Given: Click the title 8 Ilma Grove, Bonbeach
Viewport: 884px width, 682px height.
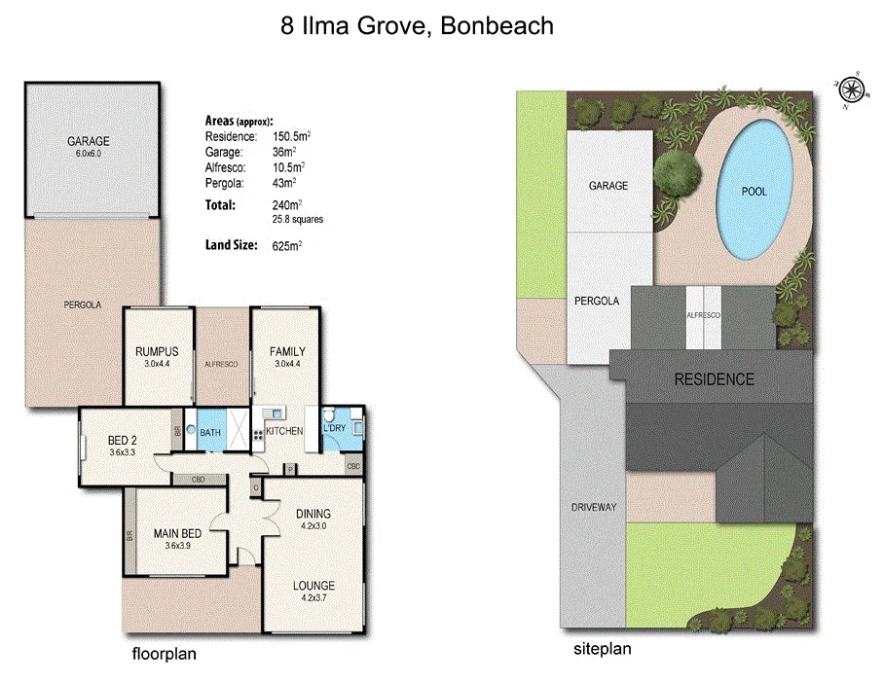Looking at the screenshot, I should pos(417,26).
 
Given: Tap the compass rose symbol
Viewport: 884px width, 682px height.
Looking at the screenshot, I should pos(852,90).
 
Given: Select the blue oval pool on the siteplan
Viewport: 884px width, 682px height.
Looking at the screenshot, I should pos(755,191).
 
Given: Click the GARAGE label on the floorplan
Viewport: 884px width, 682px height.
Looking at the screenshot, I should pos(88,141).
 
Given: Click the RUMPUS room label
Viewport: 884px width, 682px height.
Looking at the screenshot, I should pos(156,351).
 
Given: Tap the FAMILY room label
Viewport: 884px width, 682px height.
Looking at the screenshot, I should pos(288,351).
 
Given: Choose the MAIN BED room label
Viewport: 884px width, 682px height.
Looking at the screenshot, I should pos(177,533).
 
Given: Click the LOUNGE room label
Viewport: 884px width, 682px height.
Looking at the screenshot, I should pos(313,585).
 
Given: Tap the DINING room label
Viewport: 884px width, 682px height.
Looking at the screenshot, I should pos(313,514).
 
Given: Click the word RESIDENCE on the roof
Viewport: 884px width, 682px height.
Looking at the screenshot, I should pos(714,379).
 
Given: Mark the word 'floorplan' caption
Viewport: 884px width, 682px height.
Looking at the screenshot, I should pos(164,654).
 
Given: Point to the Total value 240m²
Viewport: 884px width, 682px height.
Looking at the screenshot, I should pos(288,205).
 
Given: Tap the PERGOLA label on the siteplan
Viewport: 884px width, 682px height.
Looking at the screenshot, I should pos(596,301).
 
